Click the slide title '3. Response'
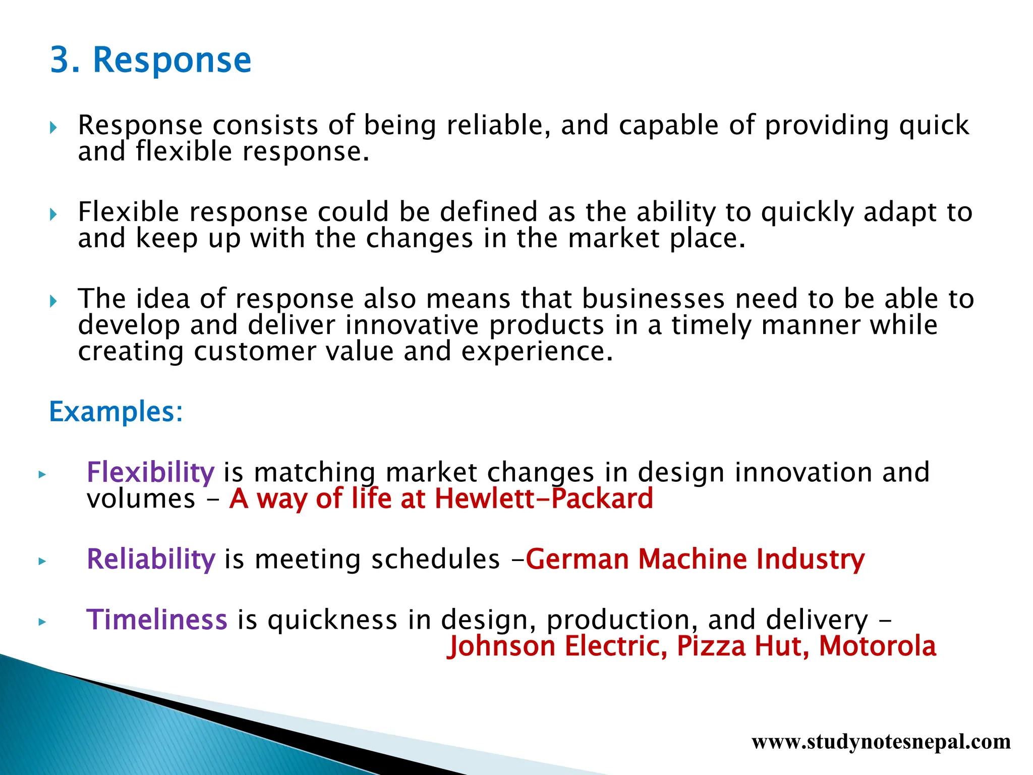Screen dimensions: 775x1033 tap(150, 61)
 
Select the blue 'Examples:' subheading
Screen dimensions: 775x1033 tap(116, 412)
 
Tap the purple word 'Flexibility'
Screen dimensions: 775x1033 tap(150, 473)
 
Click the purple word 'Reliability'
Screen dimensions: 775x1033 tap(151, 560)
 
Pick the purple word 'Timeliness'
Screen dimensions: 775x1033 tap(157, 620)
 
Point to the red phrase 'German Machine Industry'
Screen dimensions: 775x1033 tap(695, 560)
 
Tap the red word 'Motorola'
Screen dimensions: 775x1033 tap(877, 646)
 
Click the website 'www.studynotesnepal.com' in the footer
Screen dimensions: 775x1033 tap(881, 742)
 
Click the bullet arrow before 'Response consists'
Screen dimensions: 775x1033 tap(53, 128)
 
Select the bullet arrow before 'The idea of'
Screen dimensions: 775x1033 tap(53, 302)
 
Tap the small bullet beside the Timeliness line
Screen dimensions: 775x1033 tap(42, 622)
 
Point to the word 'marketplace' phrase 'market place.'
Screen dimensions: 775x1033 tap(656, 238)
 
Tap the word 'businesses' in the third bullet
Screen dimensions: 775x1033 tap(653, 299)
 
